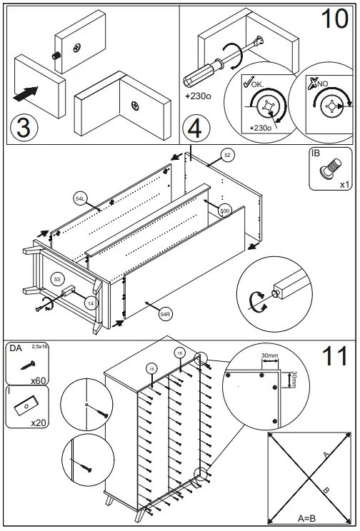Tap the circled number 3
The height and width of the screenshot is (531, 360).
coord(24,128)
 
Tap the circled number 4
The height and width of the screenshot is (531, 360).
coord(194,129)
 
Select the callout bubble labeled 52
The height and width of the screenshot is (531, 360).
coord(227,154)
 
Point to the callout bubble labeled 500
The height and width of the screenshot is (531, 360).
coord(225,211)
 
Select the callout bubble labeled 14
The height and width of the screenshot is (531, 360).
coord(90,303)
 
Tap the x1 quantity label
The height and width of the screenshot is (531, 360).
coord(344,185)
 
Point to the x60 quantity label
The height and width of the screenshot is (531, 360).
coord(39,380)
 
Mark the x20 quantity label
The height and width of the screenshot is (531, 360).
coord(39,423)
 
